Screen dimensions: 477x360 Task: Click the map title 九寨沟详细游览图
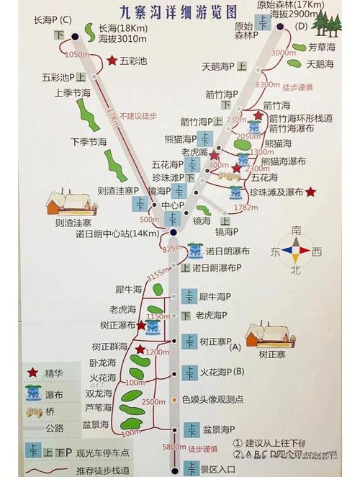tap(179, 12)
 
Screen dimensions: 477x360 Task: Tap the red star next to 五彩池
tap(112, 61)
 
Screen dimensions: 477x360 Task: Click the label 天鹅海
tap(220, 66)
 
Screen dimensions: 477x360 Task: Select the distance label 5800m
tap(174, 447)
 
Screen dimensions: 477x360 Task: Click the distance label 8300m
tap(266, 84)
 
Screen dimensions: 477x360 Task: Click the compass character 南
tap(297, 231)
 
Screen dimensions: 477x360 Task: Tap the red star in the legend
tap(32, 372)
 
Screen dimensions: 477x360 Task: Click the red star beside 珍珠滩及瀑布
tap(310, 192)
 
